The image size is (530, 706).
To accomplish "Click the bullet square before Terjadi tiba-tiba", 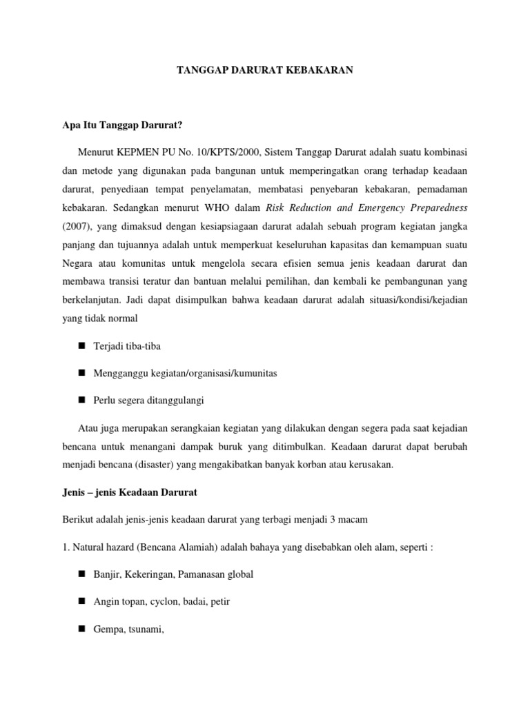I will (81, 346).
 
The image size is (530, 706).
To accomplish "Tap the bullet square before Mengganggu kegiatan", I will (81, 372).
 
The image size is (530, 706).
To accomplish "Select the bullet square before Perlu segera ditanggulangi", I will (81, 399).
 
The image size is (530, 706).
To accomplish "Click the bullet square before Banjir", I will (81, 574).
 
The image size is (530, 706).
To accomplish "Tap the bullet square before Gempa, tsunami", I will (81, 627).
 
